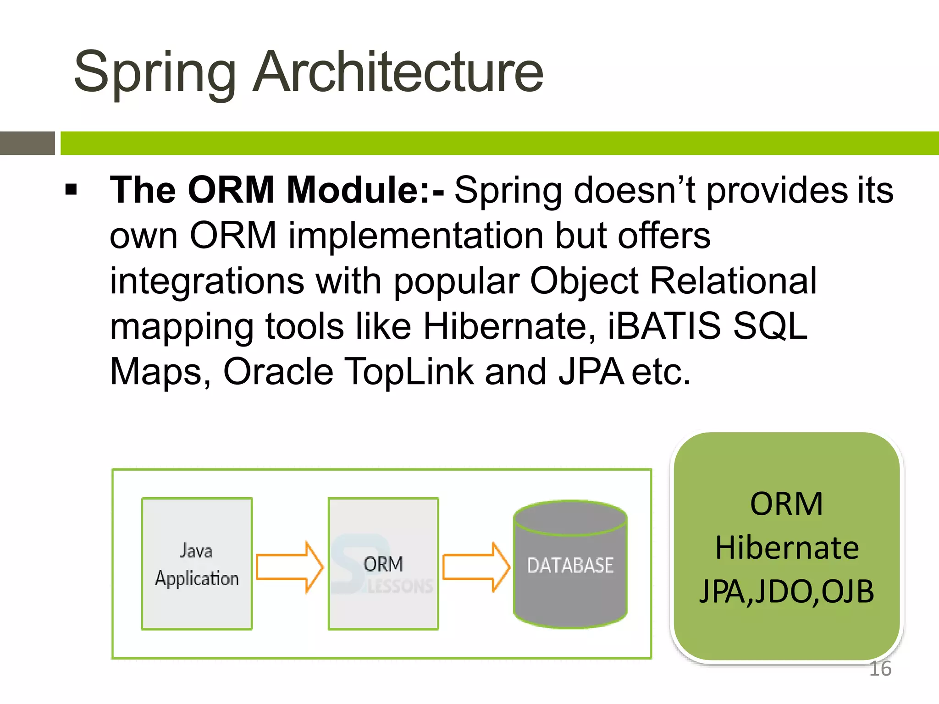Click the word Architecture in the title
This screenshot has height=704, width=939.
[x=398, y=72]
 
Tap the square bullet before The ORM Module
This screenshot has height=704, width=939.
[x=71, y=189]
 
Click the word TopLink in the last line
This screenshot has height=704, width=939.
[x=409, y=371]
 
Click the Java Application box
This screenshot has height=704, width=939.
[x=197, y=564]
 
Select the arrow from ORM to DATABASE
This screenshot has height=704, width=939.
[x=476, y=567]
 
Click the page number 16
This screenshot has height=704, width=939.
[x=880, y=669]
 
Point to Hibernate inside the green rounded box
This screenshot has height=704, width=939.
[x=787, y=548]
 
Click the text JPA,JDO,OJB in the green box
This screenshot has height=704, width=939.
[x=787, y=591]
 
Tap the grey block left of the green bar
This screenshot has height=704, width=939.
[x=27, y=143]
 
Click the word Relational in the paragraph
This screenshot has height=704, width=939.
[x=733, y=280]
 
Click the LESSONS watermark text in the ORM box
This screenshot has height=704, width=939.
[x=400, y=586]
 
